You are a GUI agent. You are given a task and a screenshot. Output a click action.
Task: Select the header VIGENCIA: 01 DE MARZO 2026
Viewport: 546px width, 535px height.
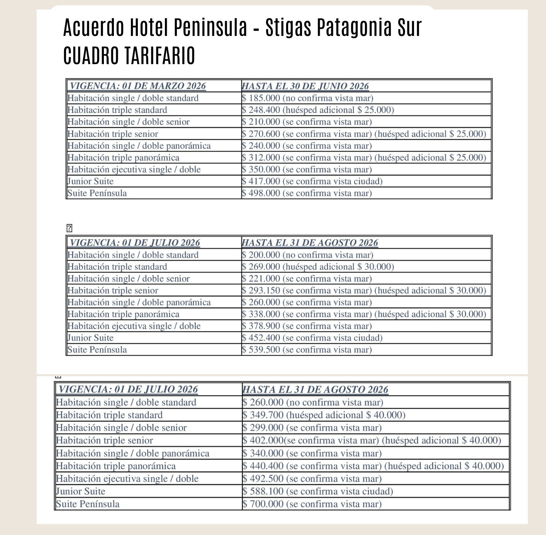tap(137, 86)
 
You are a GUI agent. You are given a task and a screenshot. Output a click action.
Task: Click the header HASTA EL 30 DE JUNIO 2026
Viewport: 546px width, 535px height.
tap(305, 86)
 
